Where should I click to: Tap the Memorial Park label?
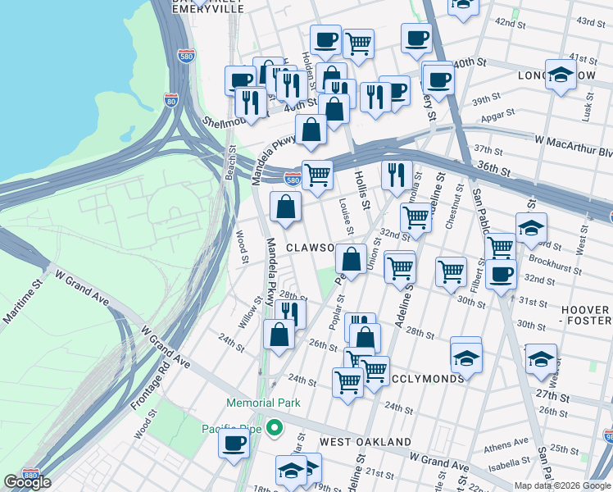click(x=265, y=403)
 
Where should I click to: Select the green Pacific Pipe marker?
click(x=276, y=428)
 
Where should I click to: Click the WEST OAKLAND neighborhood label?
click(x=365, y=442)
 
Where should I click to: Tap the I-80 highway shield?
click(x=170, y=100)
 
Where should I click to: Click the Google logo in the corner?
click(x=27, y=482)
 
